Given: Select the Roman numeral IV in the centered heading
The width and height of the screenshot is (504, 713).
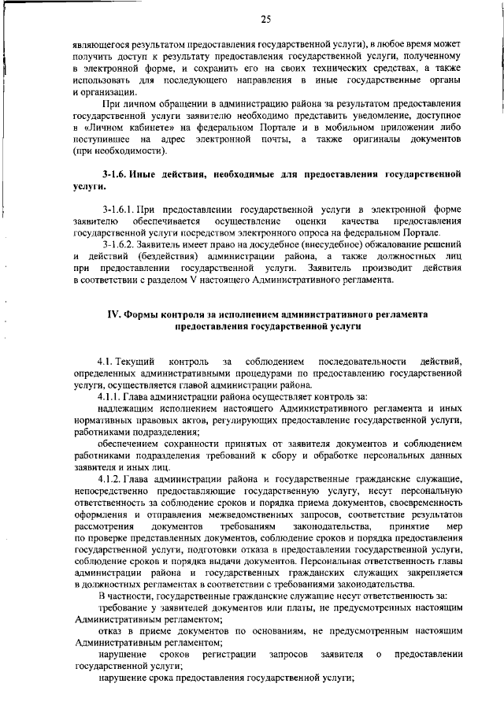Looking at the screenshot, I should (x=113, y=314).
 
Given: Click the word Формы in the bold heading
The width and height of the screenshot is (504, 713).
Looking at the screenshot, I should (x=143, y=314).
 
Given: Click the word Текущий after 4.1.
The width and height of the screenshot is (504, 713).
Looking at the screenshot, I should (x=136, y=360).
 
